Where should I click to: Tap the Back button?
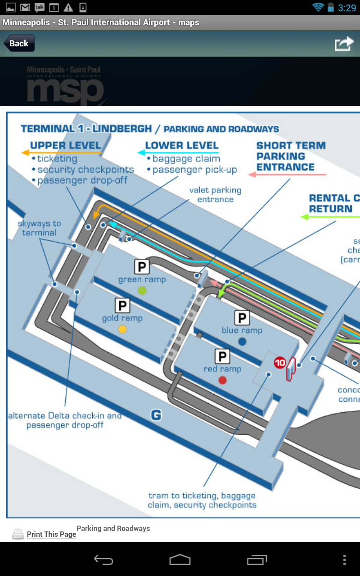click(19, 44)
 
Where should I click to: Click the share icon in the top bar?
click(344, 44)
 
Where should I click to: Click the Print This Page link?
click(51, 534)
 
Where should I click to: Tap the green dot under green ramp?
click(142, 290)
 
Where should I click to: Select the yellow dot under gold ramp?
click(122, 329)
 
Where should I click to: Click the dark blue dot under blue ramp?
click(242, 342)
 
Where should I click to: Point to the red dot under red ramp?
click(222, 380)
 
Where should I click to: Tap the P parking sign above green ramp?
click(142, 267)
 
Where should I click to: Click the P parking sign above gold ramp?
click(122, 306)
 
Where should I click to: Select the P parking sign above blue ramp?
click(242, 318)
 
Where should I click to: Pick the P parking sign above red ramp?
click(222, 357)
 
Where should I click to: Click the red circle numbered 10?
click(280, 363)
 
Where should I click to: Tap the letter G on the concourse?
click(156, 415)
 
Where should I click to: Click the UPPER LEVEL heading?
click(65, 145)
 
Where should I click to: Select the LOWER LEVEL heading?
click(182, 145)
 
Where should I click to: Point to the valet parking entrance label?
click(215, 195)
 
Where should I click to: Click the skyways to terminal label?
click(39, 228)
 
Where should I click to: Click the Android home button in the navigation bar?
click(180, 560)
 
